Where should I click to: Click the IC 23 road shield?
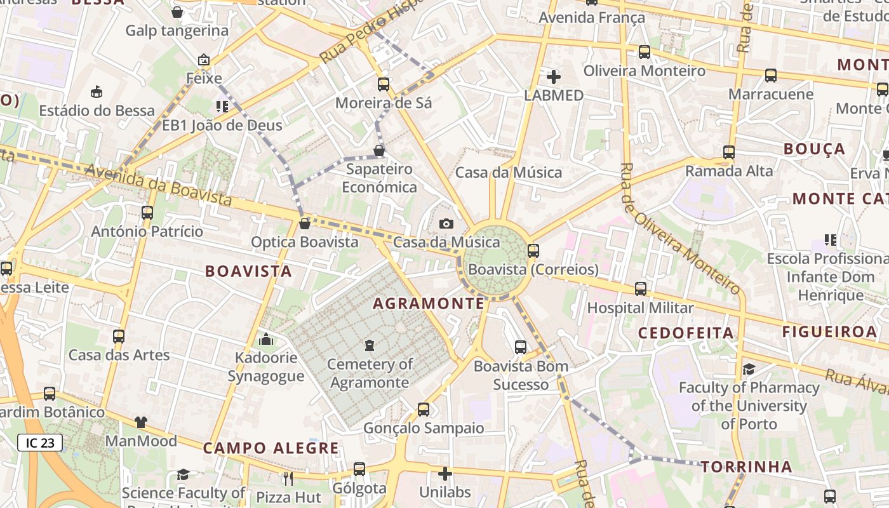point(40,443)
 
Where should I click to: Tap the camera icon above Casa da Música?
point(446,224)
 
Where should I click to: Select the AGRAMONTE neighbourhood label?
point(429,304)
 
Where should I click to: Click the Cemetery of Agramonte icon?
point(369,346)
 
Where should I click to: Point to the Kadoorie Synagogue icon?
point(266,340)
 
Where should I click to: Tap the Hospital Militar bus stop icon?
point(640,289)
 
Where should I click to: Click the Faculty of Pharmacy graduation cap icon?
point(749,369)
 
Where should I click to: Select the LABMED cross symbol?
point(554,77)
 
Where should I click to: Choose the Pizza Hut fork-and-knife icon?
point(288,478)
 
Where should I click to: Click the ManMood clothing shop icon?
point(141,422)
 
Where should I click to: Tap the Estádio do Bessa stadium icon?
point(97,92)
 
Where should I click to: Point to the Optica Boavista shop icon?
point(305,224)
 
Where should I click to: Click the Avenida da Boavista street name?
point(158,185)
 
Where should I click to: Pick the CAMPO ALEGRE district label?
point(271,448)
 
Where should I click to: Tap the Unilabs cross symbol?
point(445,474)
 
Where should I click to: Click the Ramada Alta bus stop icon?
point(728,152)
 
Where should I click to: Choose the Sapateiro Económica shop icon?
point(379,150)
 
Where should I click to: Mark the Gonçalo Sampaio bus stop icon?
point(424,410)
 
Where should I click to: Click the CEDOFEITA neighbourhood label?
point(686,333)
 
